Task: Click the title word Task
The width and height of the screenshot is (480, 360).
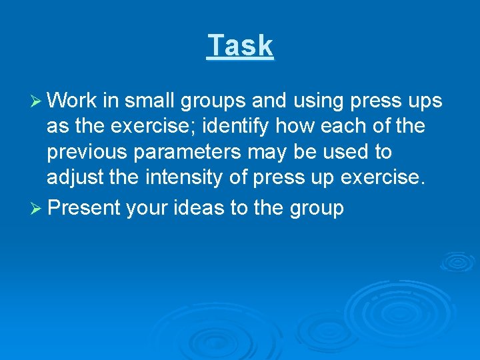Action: coord(240,46)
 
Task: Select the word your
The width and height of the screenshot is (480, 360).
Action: coord(147,208)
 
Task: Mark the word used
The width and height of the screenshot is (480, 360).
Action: coord(350,153)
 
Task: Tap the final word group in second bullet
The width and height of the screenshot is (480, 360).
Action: coord(316,209)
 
